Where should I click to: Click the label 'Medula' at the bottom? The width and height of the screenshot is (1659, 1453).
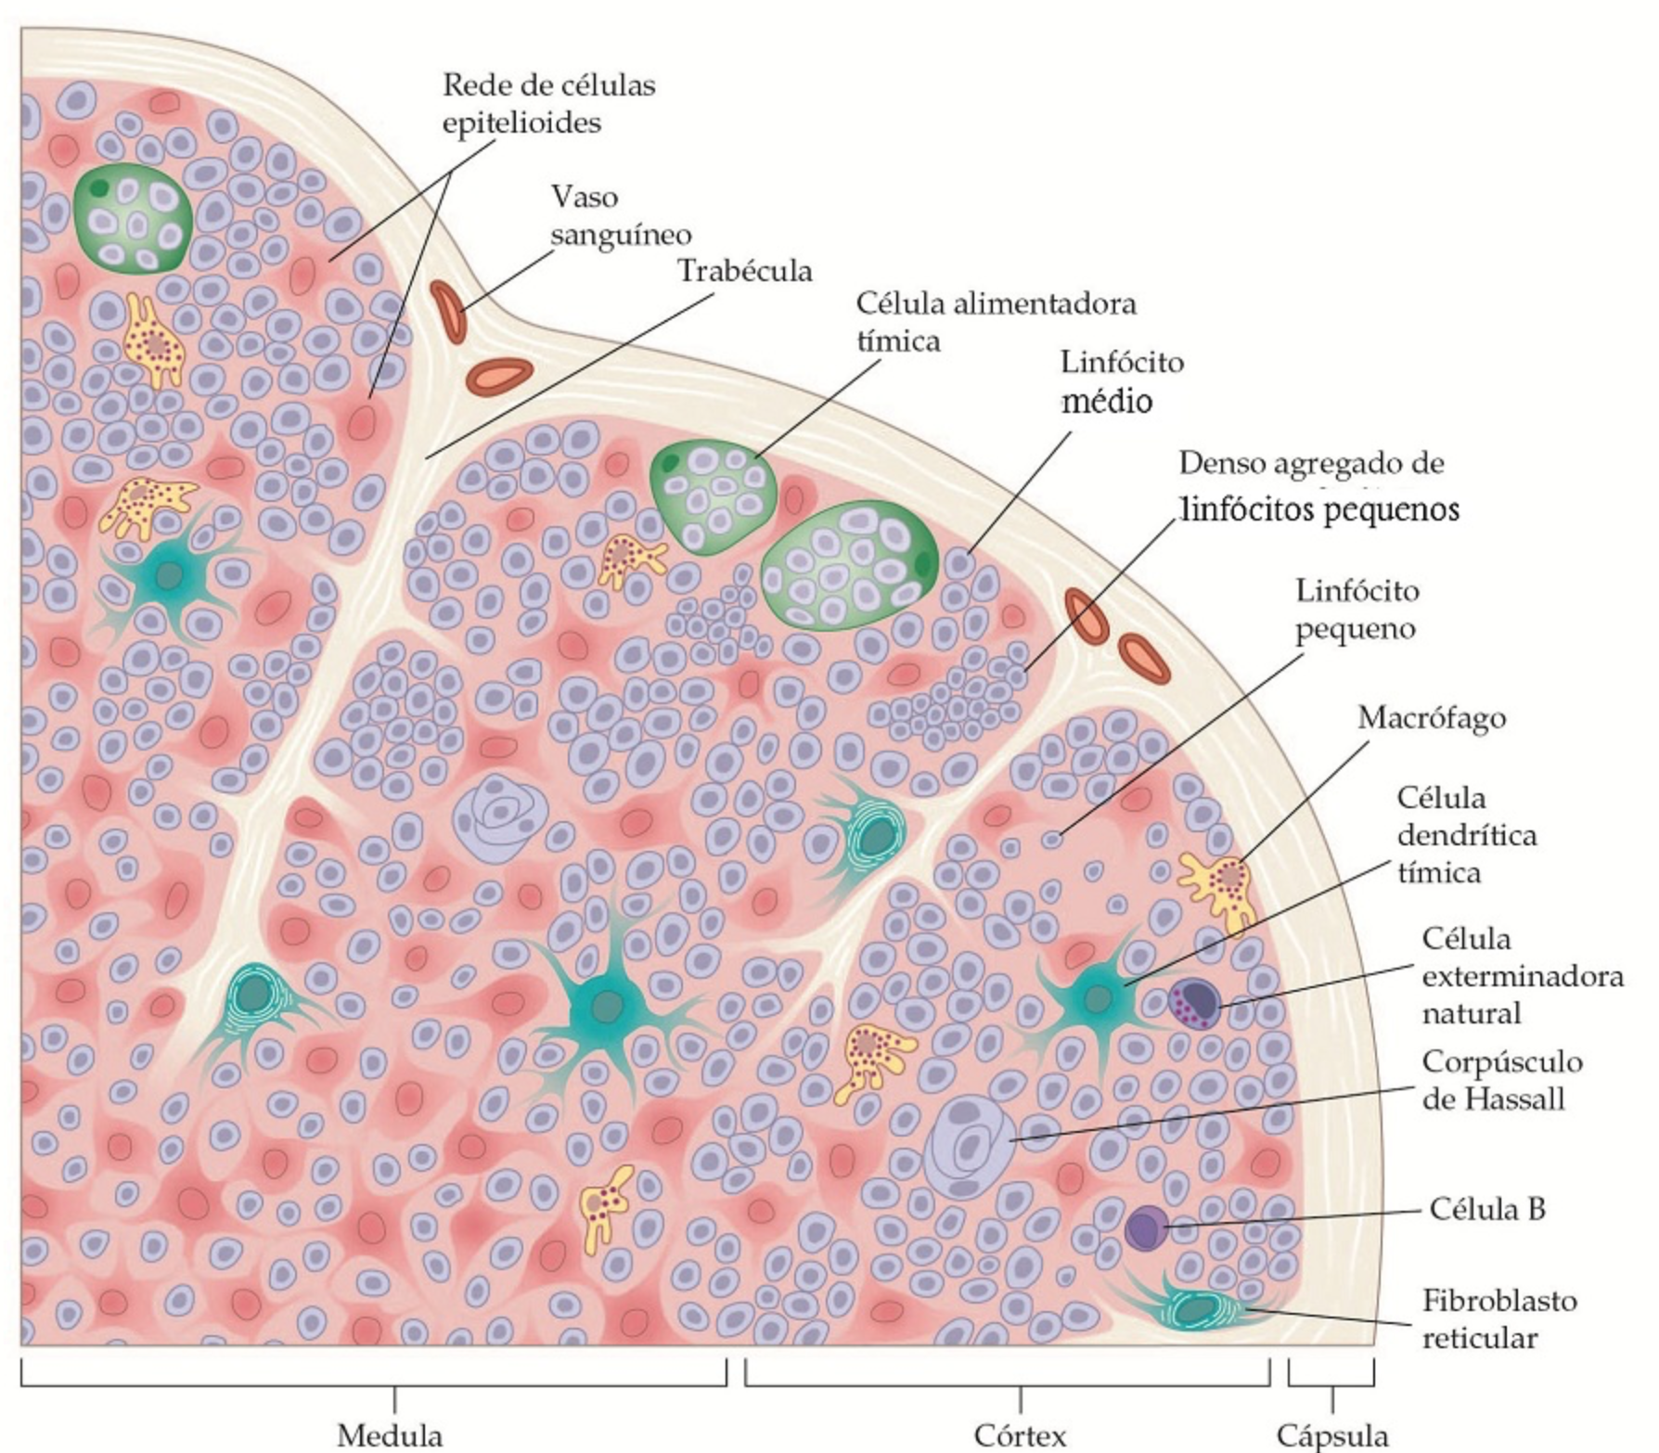pos(389,1434)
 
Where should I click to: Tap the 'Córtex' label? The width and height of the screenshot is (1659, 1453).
pos(1020,1434)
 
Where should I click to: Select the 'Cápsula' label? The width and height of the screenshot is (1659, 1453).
pos(1332,1434)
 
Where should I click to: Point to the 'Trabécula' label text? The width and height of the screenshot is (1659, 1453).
pos(745,271)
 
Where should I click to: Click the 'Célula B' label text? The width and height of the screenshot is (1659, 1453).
pos(1487,1209)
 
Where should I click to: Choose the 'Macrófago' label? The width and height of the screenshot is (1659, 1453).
pos(1432,717)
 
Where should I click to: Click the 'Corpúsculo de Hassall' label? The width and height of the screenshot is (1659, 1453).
pos(1501,1080)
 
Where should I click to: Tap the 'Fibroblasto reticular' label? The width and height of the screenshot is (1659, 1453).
pos(1498,1318)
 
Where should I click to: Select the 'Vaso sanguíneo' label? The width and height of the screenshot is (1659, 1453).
pos(620,215)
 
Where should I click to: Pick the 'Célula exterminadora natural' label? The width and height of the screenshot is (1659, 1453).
pos(1522,976)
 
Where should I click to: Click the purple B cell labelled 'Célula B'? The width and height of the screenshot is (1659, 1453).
pos(1147,1228)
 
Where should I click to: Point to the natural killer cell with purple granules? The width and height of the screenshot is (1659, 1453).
pos(1195,1002)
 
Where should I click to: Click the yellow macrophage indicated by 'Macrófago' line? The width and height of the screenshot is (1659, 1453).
pos(1221,886)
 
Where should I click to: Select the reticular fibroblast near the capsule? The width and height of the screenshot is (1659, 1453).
pos(1197,1307)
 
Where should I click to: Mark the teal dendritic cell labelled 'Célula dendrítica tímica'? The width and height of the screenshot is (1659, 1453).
pos(1097,998)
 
